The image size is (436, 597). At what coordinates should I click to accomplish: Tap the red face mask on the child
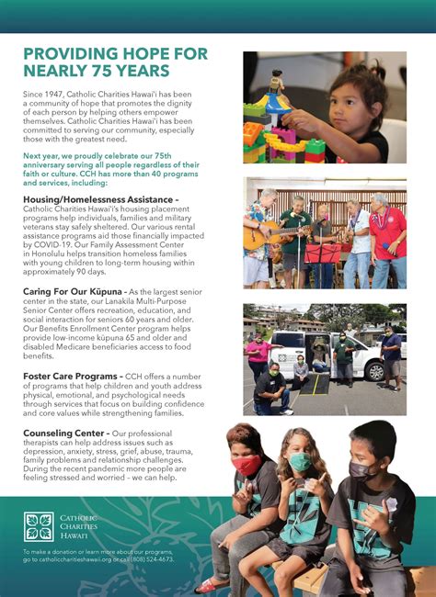(x=247, y=467)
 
